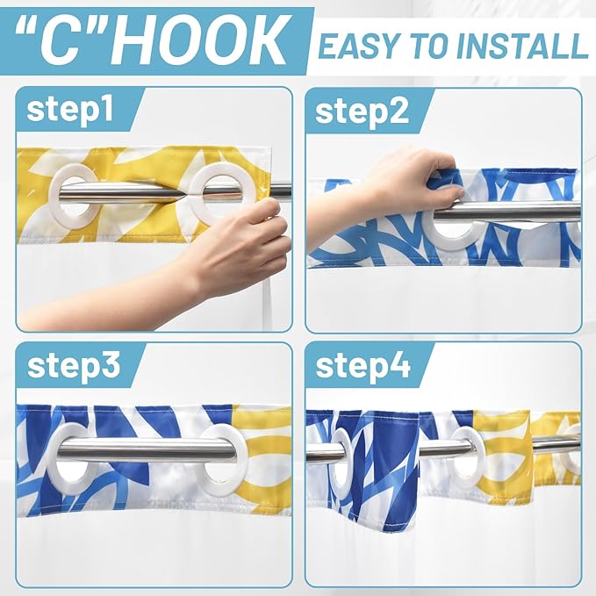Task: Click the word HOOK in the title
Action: [x=200, y=40]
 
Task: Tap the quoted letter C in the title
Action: [x=60, y=40]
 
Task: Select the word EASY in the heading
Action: [x=361, y=46]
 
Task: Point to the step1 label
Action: [x=70, y=109]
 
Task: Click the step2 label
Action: [x=362, y=111]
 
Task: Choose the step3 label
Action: [x=74, y=366]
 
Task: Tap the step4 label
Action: [x=363, y=366]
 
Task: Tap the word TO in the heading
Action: [x=431, y=46]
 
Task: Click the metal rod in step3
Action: [x=148, y=449]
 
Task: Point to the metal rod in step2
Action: [x=507, y=212]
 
